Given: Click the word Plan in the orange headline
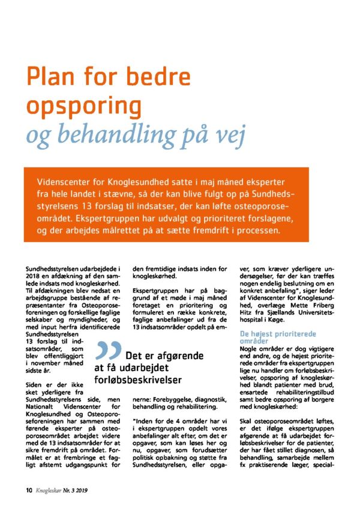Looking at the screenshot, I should point(51,78).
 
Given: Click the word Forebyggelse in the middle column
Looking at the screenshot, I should point(161,399).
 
